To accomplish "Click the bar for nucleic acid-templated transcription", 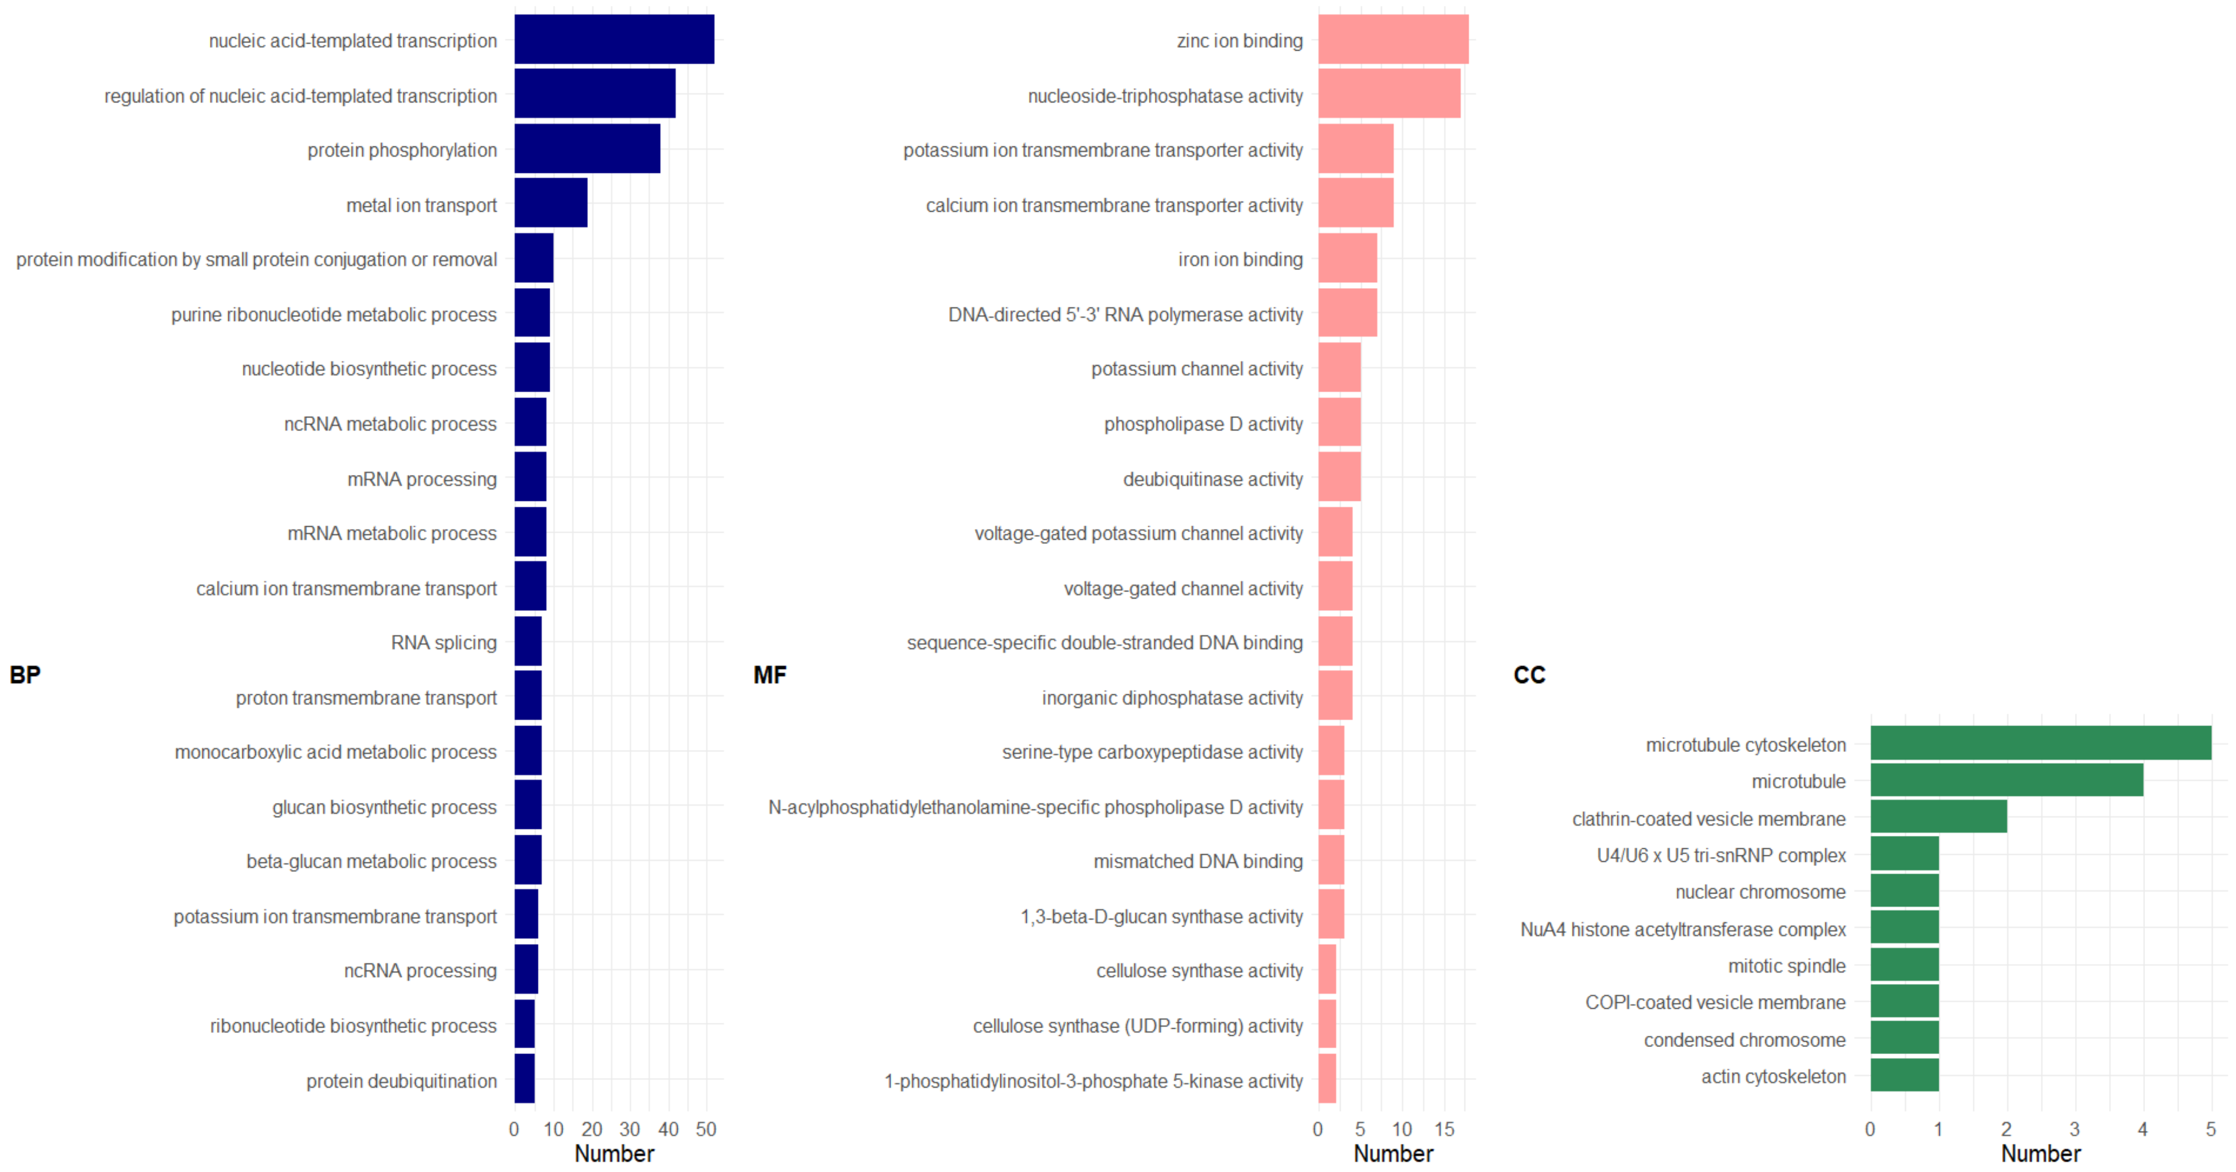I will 614,39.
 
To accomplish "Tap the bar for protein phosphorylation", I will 587,149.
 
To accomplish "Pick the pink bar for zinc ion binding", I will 1393,39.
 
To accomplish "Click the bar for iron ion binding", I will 1347,258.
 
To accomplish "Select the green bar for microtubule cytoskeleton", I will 2040,743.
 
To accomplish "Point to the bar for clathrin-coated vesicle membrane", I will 1938,817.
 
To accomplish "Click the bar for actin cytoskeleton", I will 1904,1075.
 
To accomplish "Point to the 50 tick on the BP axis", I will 706,1129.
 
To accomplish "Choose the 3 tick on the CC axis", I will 2074,1129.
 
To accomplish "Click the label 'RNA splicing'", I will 444,643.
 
